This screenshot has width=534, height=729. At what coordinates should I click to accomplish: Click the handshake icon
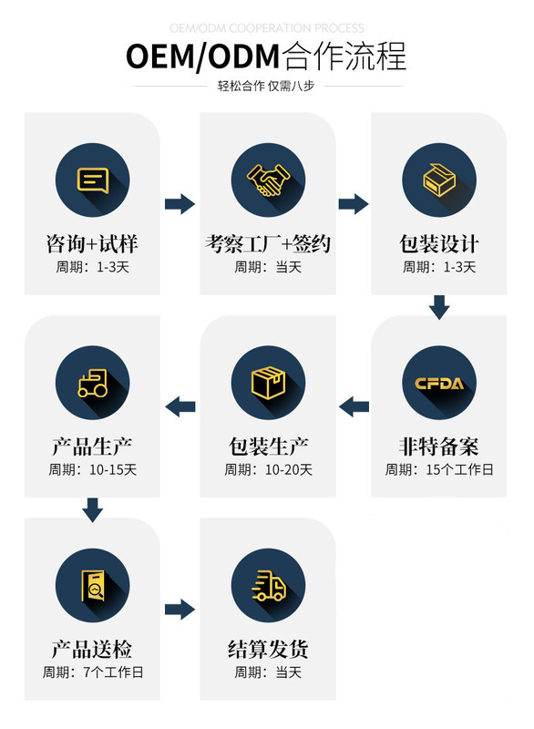click(268, 180)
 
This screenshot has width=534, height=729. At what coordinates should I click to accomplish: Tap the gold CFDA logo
click(439, 384)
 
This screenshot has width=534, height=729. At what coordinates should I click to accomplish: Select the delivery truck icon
click(268, 586)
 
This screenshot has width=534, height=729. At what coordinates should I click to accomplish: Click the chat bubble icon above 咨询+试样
click(93, 180)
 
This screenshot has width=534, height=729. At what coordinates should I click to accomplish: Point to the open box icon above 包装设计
click(439, 180)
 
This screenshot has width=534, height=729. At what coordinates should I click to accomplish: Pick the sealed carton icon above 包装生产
click(268, 383)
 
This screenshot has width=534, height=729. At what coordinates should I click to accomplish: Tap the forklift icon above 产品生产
click(93, 383)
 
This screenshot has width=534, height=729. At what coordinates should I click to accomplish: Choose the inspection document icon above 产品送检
click(93, 586)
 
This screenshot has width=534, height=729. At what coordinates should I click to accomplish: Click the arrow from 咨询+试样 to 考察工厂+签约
click(180, 203)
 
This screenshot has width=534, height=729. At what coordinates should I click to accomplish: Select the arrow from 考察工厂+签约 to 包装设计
click(354, 203)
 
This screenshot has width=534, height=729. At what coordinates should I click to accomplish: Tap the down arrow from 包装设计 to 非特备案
click(439, 307)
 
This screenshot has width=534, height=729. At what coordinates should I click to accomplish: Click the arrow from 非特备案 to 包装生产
click(354, 406)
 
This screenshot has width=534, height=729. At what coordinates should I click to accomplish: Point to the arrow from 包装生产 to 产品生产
click(180, 406)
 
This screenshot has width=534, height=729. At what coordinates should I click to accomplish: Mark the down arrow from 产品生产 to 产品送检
click(92, 509)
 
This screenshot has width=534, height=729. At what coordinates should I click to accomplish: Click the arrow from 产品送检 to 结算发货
click(180, 610)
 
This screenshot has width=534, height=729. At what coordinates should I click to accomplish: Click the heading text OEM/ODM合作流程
click(266, 56)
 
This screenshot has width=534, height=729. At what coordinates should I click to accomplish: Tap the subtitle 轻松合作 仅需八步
click(266, 86)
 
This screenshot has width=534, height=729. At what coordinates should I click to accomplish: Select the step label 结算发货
click(268, 649)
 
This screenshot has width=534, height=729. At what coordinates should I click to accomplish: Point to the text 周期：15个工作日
click(439, 469)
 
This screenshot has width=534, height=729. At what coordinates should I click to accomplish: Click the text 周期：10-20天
click(268, 469)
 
